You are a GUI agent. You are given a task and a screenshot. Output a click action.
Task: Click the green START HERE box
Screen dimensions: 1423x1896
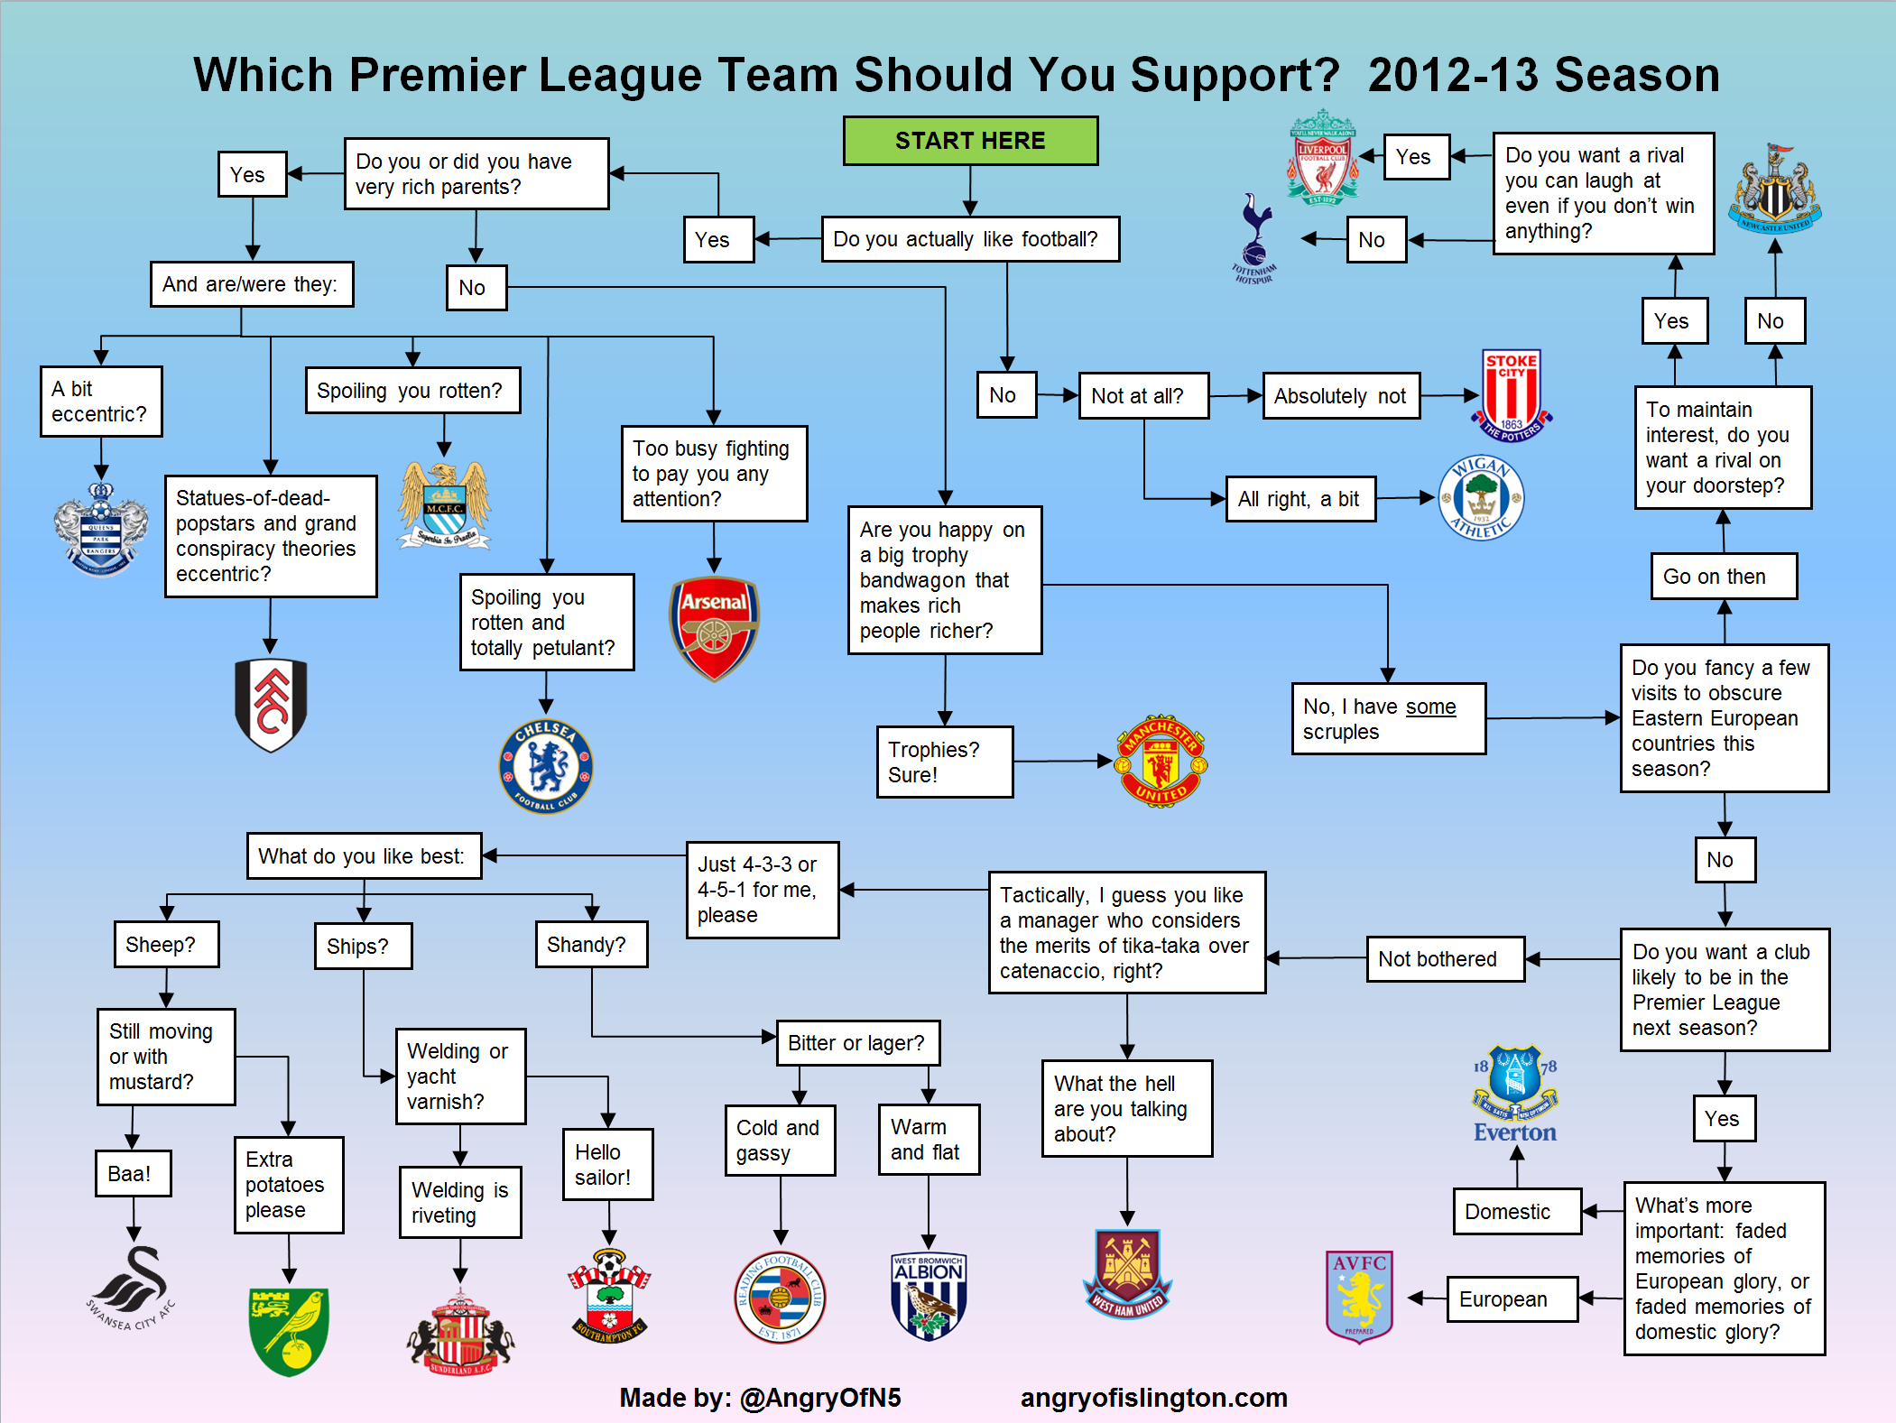pos(970,141)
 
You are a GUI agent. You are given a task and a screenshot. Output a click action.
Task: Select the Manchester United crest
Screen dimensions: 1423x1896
pos(1161,761)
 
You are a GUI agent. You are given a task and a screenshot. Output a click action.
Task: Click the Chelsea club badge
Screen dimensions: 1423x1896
pos(546,766)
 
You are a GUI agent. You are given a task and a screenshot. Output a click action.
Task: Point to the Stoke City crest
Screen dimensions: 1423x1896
pos(1512,396)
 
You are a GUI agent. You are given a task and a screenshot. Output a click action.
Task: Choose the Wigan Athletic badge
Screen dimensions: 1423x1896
pos(1481,497)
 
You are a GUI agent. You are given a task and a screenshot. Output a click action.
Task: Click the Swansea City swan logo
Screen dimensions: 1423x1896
pos(132,1286)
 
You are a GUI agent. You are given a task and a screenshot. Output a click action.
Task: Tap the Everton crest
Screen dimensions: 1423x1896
pos(1515,1094)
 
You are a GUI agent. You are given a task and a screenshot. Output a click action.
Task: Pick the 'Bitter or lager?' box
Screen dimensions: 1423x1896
pos(856,1043)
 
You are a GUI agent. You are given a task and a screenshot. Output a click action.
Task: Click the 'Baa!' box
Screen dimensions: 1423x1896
pos(132,1173)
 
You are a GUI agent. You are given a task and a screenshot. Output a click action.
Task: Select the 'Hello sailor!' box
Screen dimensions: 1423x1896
pos(607,1164)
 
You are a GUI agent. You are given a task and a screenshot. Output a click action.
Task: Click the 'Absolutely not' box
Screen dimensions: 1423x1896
pos(1340,396)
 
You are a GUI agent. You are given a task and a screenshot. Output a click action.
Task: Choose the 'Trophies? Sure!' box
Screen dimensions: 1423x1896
pos(944,762)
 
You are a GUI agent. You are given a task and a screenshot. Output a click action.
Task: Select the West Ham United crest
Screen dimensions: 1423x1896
pos(1127,1273)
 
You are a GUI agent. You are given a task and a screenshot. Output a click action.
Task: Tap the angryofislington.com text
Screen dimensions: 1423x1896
pos(1153,1397)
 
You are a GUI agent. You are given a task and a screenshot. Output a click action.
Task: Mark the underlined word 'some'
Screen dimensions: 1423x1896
pos(1429,707)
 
